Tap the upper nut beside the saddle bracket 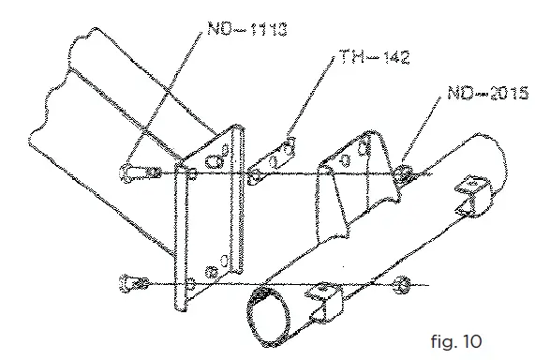point(403,172)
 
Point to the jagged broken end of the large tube point(56,94)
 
